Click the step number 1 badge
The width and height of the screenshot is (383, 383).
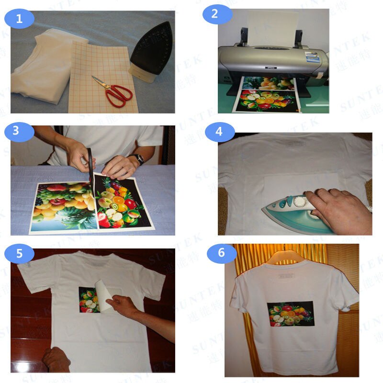click(x=20, y=19)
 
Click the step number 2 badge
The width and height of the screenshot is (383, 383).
click(x=214, y=14)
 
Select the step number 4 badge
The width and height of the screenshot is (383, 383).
click(x=219, y=132)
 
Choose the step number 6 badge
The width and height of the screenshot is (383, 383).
click(x=221, y=253)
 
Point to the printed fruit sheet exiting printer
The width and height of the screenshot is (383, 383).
click(x=266, y=96)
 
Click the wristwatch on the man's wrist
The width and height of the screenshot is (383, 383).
click(x=139, y=159)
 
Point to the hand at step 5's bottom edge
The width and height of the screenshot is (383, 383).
click(x=56, y=359)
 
